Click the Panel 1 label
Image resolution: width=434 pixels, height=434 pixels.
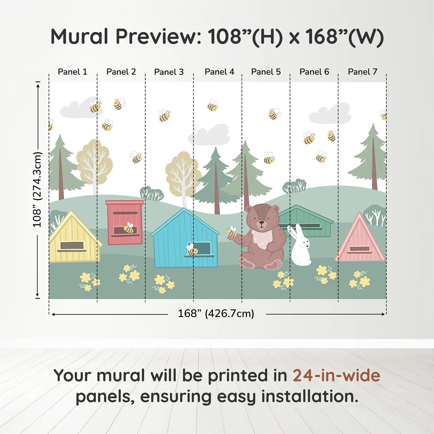coord(73,72)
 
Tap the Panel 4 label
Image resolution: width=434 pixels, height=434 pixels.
coord(219,72)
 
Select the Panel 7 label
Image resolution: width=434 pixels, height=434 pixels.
coord(362,72)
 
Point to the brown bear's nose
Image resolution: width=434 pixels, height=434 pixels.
coord(262,222)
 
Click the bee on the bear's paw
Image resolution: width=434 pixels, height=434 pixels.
coord(231,232)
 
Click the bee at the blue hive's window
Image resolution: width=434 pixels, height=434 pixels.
coord(192,250)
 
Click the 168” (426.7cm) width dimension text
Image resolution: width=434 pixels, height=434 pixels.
coord(216,314)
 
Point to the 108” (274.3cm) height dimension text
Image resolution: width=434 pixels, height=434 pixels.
coord(37,190)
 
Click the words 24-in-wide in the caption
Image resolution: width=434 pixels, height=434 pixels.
coord(336,376)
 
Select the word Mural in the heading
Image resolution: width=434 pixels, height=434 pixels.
coord(79,37)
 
